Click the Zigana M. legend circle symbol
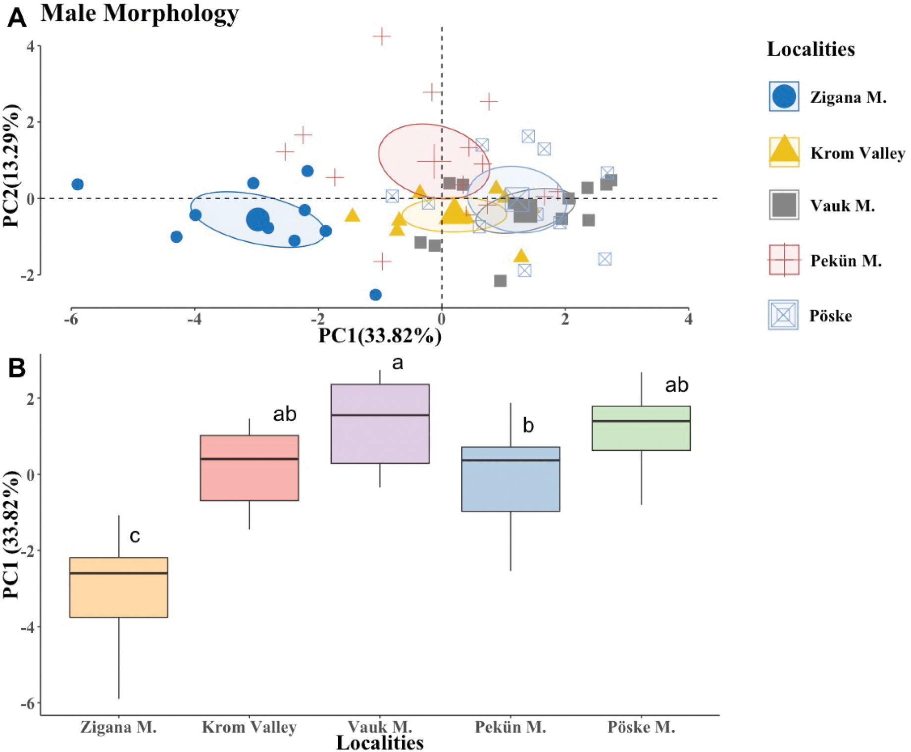[784, 96]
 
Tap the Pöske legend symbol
[783, 315]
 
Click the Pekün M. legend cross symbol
[784, 260]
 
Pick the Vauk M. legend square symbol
[784, 205]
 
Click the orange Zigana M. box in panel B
[119, 587]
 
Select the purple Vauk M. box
[380, 424]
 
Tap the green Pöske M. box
[641, 428]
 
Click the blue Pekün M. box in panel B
[510, 479]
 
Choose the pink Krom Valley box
[250, 468]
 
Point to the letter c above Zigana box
[135, 536]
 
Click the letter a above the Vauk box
[398, 363]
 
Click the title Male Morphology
[140, 13]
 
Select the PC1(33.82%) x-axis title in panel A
[380, 335]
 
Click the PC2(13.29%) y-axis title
[11, 166]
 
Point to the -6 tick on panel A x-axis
[71, 320]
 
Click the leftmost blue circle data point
[77, 184]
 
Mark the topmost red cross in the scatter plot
[382, 36]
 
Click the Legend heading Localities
[811, 49]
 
